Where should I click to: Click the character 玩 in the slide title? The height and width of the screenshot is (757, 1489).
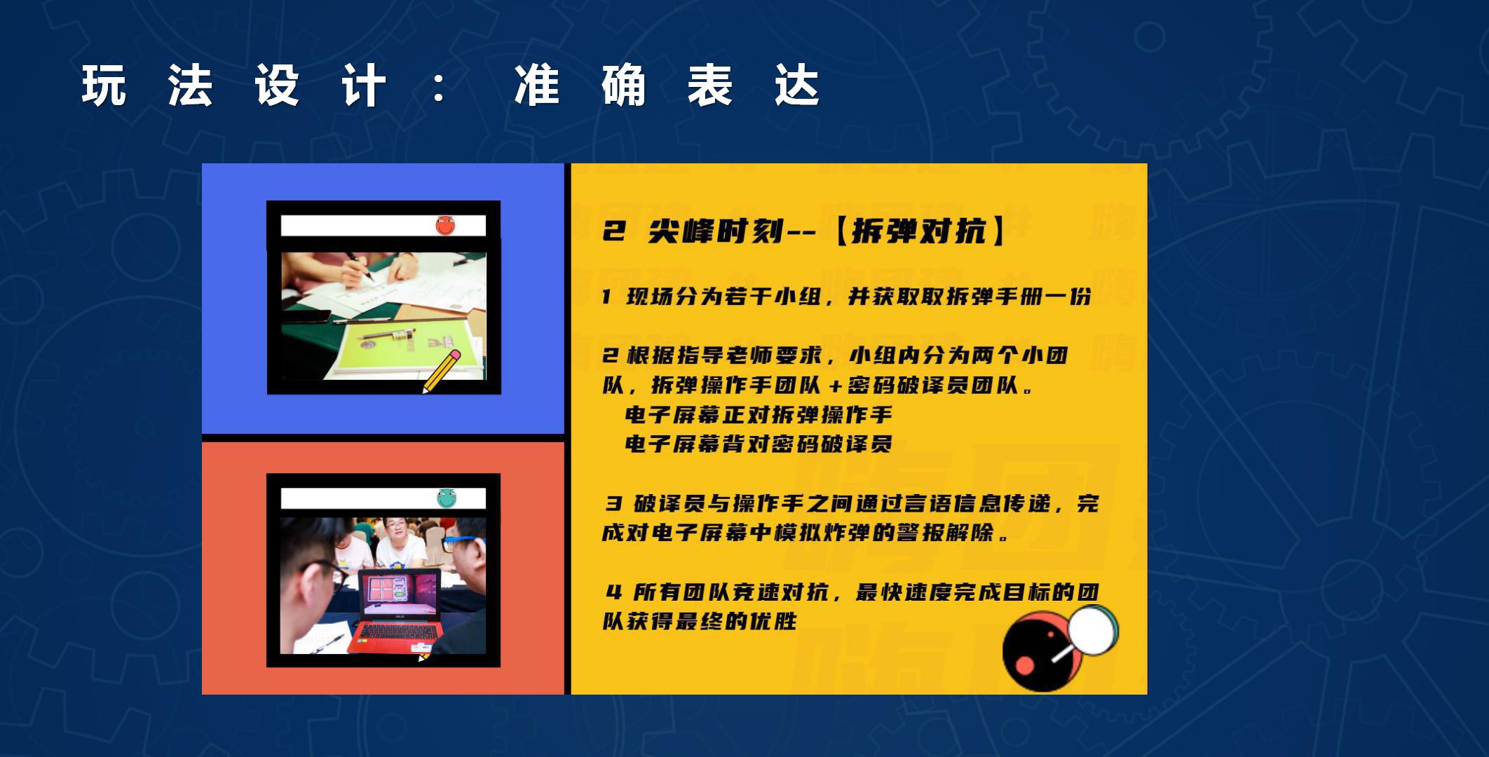click(x=104, y=86)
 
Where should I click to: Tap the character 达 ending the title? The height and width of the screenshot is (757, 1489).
click(x=797, y=86)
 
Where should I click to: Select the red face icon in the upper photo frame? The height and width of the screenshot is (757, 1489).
click(x=445, y=225)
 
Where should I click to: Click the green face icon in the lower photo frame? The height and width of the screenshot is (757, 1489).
click(x=447, y=498)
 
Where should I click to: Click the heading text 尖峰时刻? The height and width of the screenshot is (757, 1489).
click(x=716, y=231)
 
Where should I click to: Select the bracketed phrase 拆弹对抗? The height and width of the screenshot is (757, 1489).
click(x=918, y=231)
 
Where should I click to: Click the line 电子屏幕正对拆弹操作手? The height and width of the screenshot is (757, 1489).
click(x=759, y=415)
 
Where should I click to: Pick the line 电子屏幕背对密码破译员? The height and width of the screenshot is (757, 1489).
click(x=759, y=444)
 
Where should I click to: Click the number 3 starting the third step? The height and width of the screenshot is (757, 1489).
click(x=614, y=503)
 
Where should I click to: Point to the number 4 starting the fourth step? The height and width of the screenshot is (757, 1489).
click(x=614, y=592)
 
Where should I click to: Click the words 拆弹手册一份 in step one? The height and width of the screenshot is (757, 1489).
click(x=1019, y=296)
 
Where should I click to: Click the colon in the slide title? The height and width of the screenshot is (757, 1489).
click(x=440, y=87)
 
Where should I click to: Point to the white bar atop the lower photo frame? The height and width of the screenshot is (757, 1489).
click(x=383, y=498)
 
